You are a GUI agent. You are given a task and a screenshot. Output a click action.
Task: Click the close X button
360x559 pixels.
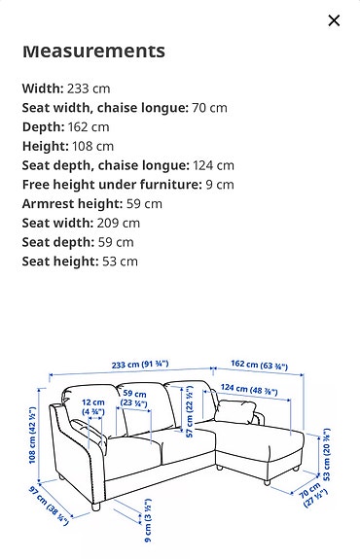pyautogui.click(x=334, y=20)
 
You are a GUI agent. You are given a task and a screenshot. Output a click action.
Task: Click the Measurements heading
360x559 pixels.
pyautogui.click(x=93, y=51)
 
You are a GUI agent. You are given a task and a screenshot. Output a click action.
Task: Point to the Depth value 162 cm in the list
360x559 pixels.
pyautogui.click(x=88, y=126)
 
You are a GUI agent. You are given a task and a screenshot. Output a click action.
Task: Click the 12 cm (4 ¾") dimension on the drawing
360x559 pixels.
pyautogui.click(x=92, y=407)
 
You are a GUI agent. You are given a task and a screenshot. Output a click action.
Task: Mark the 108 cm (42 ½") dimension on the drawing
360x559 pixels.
pyautogui.click(x=33, y=434)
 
